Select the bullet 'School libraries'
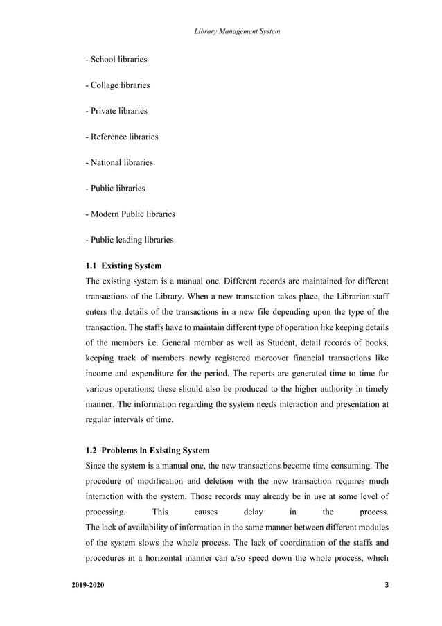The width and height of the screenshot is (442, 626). pos(116,60)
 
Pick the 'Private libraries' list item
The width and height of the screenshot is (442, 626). pos(116,111)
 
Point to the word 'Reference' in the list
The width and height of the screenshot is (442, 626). pos(109,137)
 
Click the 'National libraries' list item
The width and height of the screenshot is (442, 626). pos(118,162)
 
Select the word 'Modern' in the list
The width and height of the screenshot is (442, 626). pos(105,214)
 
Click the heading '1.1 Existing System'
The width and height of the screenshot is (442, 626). pos(123,266)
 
